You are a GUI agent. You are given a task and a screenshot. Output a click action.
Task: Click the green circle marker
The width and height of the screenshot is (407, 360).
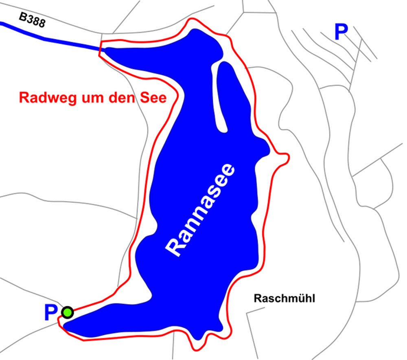coord(67,312)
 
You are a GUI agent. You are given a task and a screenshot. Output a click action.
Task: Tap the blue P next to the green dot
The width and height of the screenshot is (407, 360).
coord(50,313)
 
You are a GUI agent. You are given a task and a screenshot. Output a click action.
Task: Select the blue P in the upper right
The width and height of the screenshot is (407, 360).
coord(341,32)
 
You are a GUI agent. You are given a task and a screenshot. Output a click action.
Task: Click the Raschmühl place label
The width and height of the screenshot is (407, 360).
coord(284,299)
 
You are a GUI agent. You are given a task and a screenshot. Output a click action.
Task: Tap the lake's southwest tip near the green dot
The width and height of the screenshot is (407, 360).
coord(65,325)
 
